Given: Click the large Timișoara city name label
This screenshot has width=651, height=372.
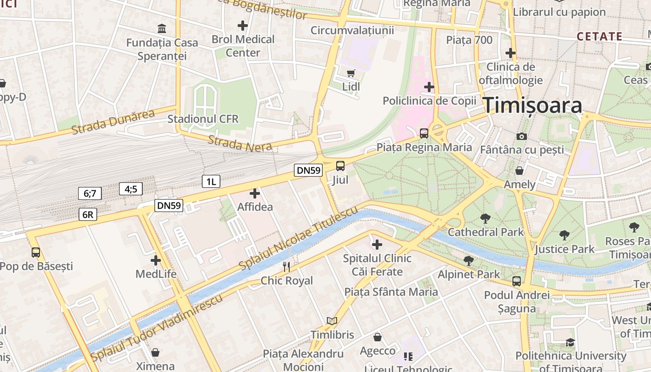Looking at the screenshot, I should (x=532, y=106).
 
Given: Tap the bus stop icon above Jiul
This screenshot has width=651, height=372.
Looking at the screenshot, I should (x=340, y=166).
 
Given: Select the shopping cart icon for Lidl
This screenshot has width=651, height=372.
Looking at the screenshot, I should (x=351, y=73).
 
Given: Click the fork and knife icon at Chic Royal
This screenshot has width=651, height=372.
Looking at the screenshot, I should (x=286, y=266).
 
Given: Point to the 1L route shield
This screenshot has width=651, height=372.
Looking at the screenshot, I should (x=211, y=181).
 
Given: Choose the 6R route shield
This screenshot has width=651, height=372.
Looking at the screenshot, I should (x=88, y=214).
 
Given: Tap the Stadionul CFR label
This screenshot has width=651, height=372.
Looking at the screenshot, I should (x=203, y=119).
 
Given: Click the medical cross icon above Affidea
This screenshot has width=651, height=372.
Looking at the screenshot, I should (x=255, y=193).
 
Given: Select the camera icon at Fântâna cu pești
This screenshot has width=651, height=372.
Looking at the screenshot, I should (x=522, y=136).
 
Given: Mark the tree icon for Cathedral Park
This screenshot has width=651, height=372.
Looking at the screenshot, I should (x=485, y=218).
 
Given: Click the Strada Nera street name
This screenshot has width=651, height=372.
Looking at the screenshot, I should (x=239, y=143).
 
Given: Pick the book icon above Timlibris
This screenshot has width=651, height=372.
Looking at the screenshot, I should (x=332, y=321).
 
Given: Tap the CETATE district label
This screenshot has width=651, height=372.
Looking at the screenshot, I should (x=599, y=36).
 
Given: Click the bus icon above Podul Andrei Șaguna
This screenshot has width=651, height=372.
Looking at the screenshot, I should (x=517, y=281).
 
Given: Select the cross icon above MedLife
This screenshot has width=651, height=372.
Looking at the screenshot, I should (x=156, y=260).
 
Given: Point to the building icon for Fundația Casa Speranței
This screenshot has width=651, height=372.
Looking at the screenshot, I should (x=162, y=29).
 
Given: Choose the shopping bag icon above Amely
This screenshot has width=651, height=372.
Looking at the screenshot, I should (x=519, y=171).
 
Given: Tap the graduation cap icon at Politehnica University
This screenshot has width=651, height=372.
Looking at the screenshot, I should (x=570, y=343).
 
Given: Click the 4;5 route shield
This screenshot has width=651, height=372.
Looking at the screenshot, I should (x=131, y=189).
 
